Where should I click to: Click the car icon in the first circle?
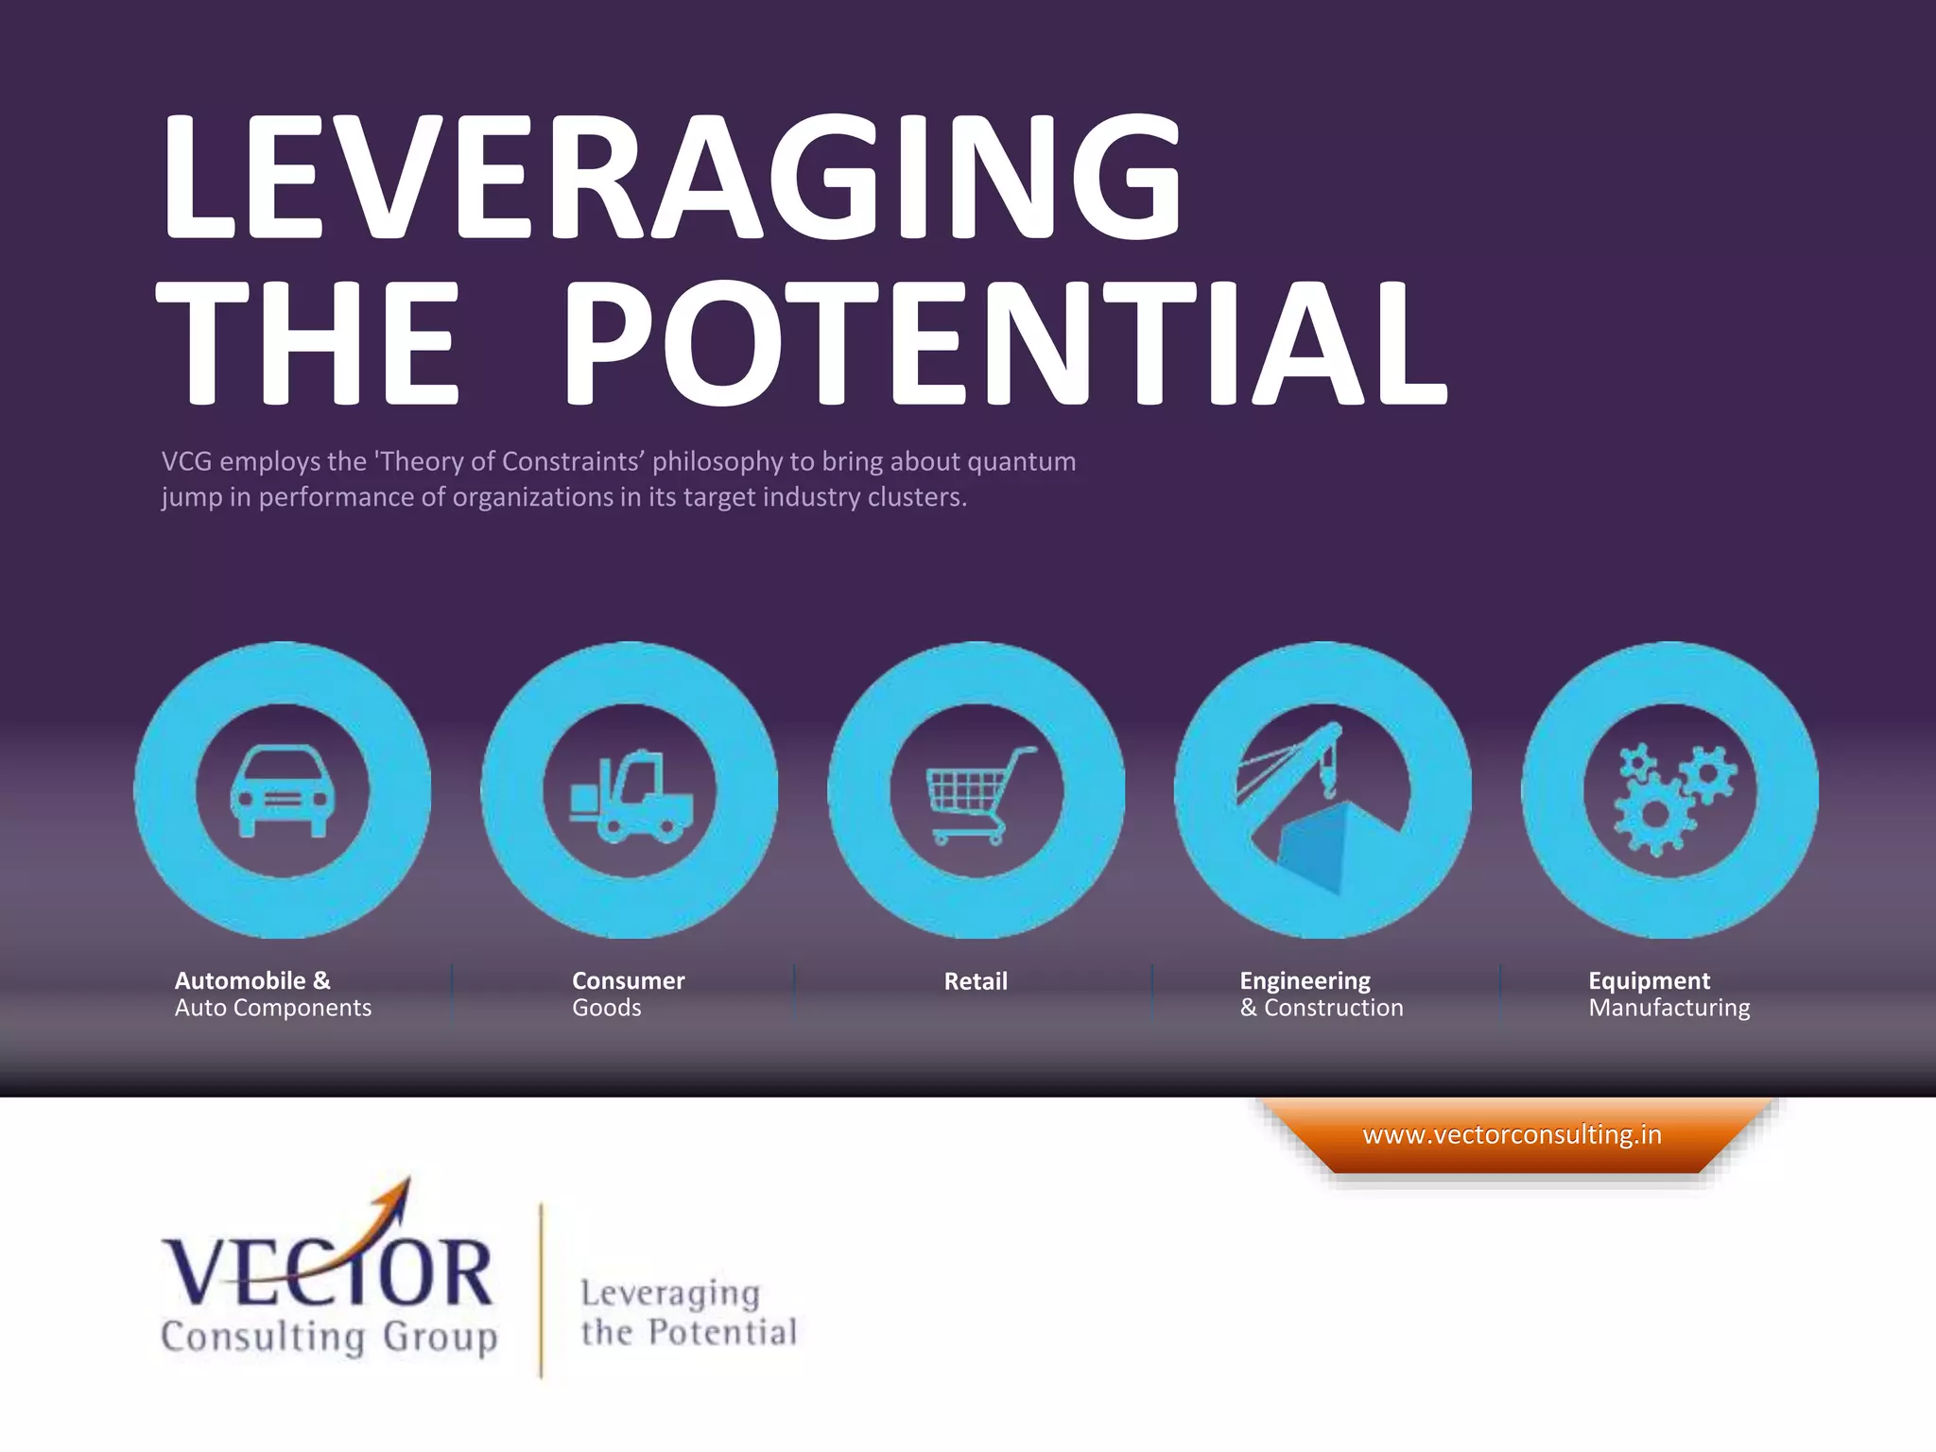click(282, 791)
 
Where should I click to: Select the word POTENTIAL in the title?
click(1004, 344)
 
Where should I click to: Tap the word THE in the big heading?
click(308, 344)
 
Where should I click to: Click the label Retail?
click(976, 981)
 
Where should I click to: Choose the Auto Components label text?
click(272, 1008)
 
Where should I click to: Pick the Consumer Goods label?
click(628, 994)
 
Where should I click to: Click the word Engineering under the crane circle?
click(1305, 980)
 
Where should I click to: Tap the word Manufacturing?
click(1668, 1008)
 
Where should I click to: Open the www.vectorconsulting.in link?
click(1512, 1134)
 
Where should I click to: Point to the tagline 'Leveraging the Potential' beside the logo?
click(688, 1312)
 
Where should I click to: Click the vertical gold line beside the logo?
click(542, 1290)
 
